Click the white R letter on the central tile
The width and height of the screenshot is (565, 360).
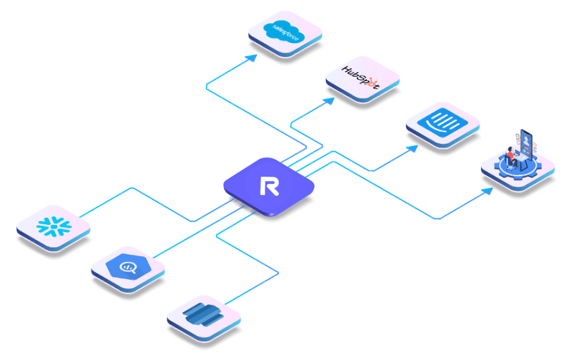(269, 186)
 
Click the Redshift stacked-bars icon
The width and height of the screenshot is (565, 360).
(203, 314)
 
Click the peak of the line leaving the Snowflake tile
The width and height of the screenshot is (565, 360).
(132, 187)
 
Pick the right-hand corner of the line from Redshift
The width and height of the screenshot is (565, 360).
(278, 273)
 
